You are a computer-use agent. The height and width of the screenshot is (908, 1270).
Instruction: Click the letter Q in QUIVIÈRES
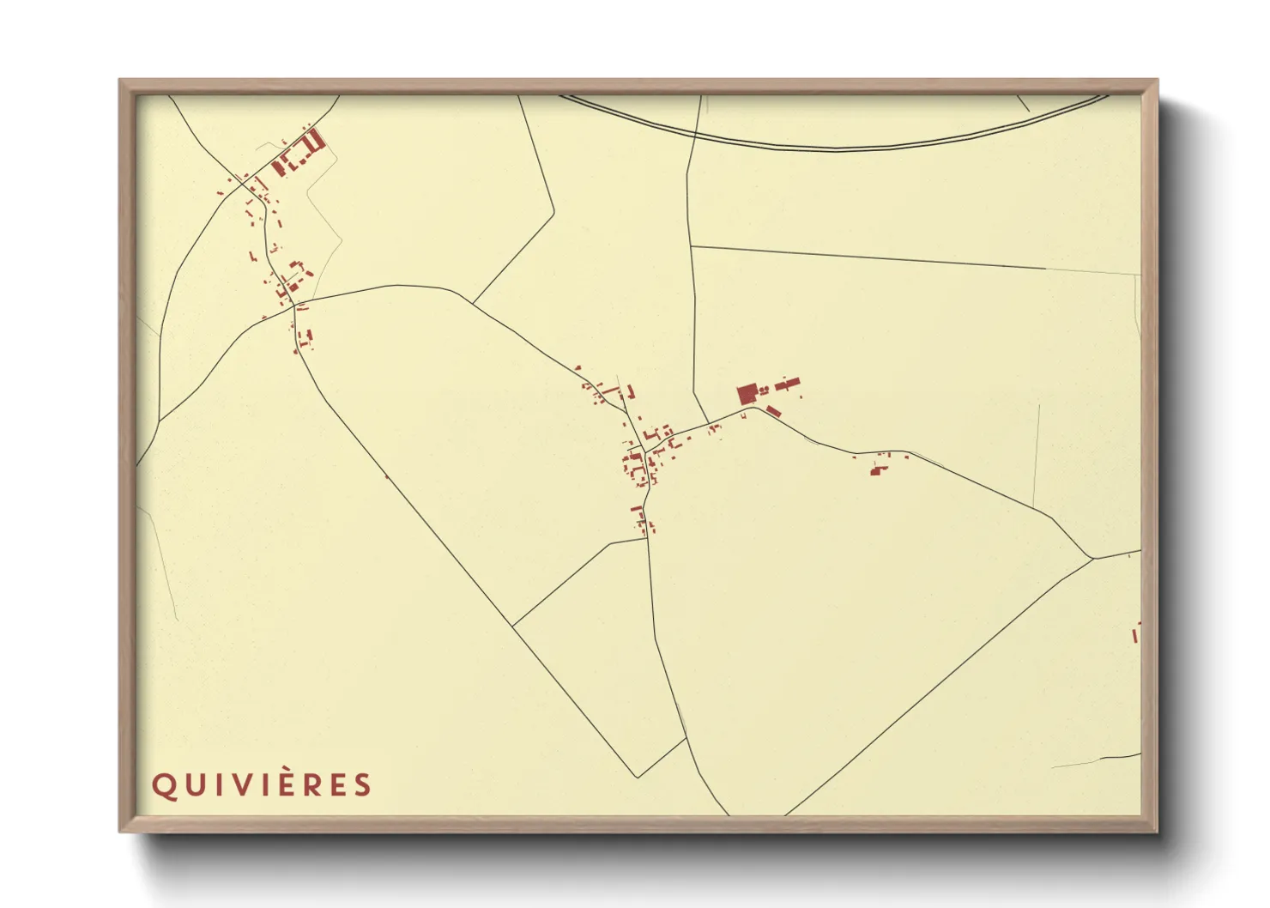point(163,785)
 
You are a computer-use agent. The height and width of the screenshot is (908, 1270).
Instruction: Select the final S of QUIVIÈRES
point(364,785)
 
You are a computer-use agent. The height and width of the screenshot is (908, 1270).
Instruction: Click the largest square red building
point(747,395)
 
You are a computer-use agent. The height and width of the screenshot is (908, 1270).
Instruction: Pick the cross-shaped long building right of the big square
point(787,385)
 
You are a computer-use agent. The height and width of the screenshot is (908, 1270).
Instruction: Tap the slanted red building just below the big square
point(773,411)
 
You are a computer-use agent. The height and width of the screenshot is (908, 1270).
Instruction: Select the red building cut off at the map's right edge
point(1137,633)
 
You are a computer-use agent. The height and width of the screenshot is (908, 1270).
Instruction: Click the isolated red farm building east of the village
point(876,469)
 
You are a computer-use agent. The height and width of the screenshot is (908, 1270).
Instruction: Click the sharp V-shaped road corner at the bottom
point(638,777)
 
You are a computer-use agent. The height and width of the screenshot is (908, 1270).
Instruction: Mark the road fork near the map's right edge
point(1092,559)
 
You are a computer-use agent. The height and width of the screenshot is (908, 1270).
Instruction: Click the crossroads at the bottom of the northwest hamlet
point(293,305)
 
